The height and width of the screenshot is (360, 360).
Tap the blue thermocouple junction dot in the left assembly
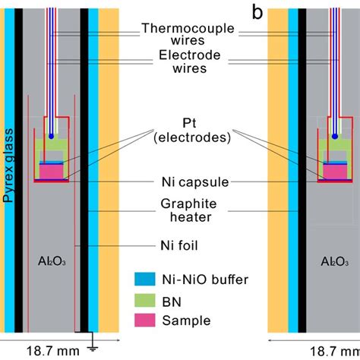(51, 136)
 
